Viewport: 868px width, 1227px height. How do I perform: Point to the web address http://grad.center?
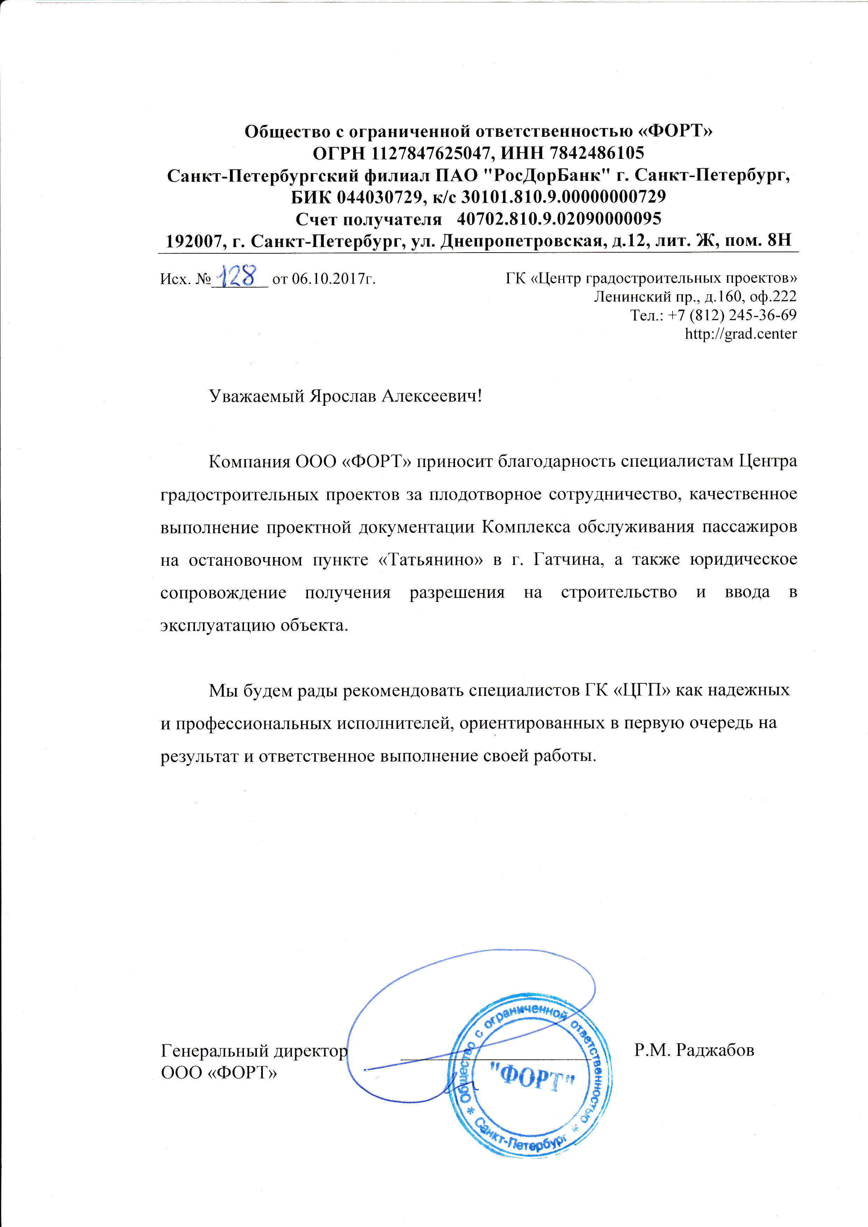click(741, 334)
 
